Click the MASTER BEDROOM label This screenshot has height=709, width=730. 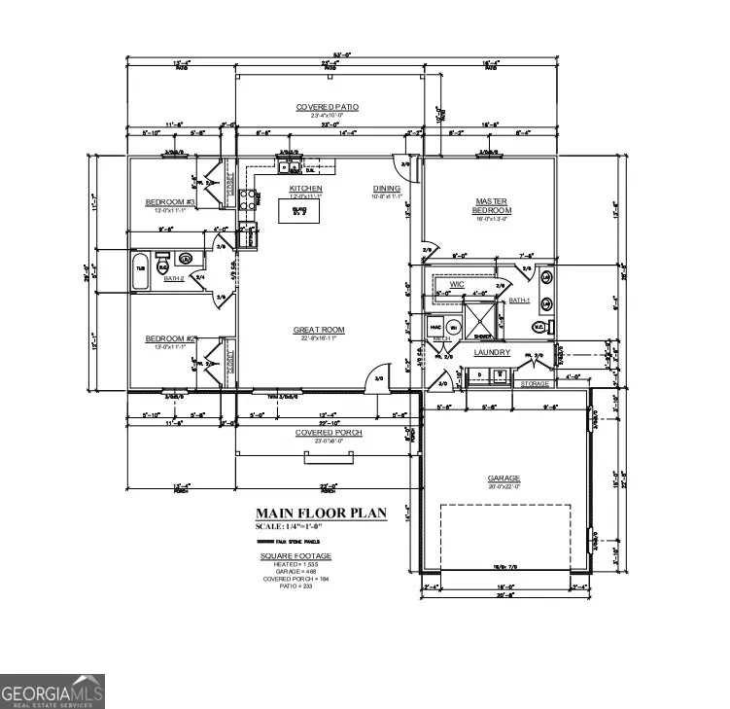[491, 206]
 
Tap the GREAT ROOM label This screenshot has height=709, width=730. [319, 330]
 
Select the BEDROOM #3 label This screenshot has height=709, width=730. [170, 202]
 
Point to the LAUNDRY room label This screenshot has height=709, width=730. [492, 352]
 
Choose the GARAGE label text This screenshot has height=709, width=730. [504, 478]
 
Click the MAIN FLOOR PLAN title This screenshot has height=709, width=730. [321, 513]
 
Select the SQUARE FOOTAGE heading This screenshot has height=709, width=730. [295, 555]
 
